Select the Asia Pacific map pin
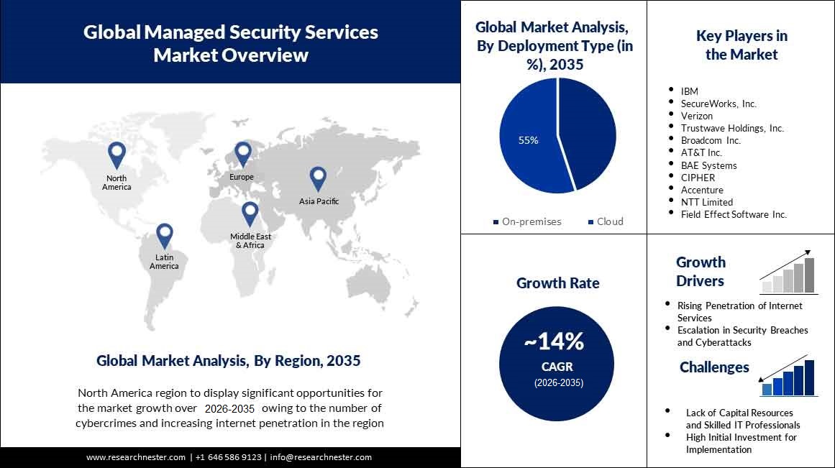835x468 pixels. [x=318, y=178]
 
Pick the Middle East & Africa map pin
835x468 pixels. [x=250, y=214]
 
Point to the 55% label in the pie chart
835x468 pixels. [x=529, y=140]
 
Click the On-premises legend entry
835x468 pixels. [x=527, y=221]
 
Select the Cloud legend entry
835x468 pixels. [x=606, y=221]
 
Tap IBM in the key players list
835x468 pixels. [x=689, y=91]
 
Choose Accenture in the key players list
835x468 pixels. [x=702, y=190]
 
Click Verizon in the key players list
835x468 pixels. [x=696, y=116]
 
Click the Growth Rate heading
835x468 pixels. [x=557, y=283]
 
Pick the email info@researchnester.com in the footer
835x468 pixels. [x=321, y=457]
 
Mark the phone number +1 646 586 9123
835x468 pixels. [x=229, y=457]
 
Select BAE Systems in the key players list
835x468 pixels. [x=708, y=165]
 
